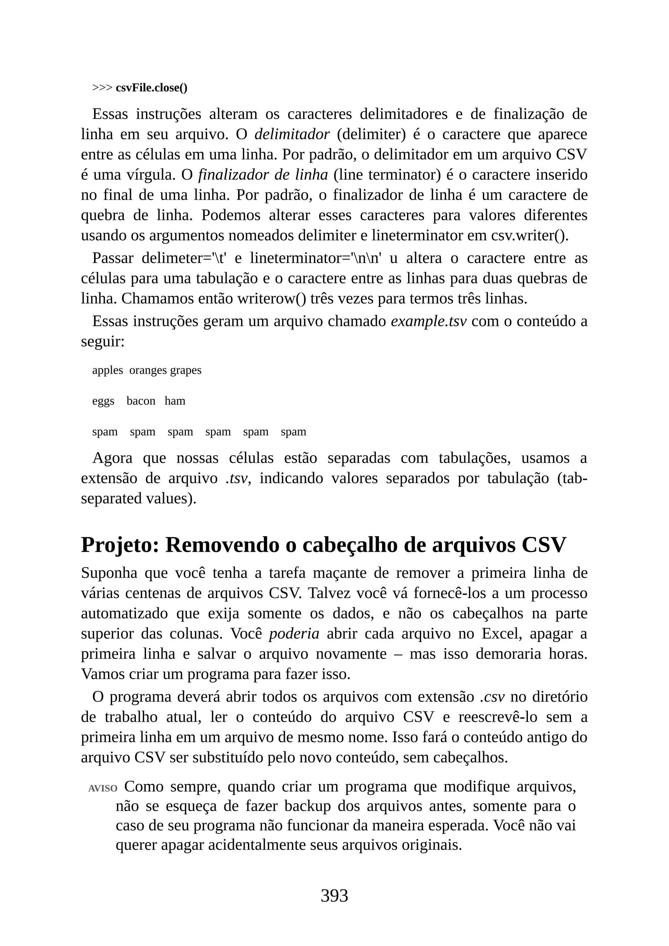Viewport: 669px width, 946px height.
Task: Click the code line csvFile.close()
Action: click(x=151, y=88)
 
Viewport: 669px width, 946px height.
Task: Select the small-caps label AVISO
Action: click(x=103, y=789)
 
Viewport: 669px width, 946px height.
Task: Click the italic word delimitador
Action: click(x=292, y=134)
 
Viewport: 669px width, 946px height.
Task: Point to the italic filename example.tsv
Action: click(x=429, y=321)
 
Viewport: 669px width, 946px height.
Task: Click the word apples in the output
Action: click(x=107, y=370)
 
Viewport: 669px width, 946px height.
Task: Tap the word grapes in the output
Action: click(x=186, y=370)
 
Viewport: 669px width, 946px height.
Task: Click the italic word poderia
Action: click(x=294, y=634)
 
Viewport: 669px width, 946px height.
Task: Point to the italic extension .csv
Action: click(x=492, y=697)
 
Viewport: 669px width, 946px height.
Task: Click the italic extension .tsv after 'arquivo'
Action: click(x=237, y=478)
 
